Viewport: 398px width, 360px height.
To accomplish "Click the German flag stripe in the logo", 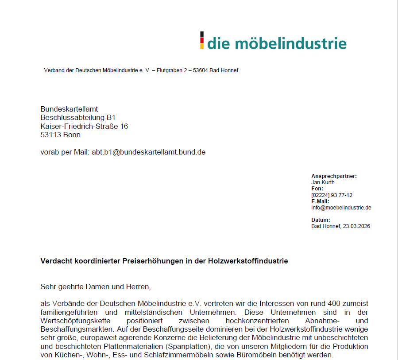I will click(202, 40).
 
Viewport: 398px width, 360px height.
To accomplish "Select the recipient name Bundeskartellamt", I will click(69, 109).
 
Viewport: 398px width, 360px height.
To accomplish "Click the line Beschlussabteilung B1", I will click(78, 117).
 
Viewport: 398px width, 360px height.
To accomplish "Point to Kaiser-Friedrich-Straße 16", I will click(84, 126).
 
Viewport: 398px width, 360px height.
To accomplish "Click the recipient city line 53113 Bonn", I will click(61, 135).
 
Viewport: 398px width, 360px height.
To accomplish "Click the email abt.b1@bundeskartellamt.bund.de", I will click(149, 152).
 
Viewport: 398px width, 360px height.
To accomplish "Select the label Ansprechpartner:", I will click(334, 176).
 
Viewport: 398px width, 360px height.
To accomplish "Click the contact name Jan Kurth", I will click(323, 182).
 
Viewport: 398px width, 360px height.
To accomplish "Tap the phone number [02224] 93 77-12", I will click(332, 195).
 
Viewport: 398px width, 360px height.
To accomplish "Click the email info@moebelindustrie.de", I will click(341, 207).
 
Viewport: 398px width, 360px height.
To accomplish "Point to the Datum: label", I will click(321, 220).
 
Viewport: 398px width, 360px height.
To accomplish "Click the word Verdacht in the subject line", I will click(54, 261).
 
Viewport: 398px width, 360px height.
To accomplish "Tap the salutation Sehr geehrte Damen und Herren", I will click(95, 286).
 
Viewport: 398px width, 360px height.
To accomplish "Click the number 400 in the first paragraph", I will click(335, 304).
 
